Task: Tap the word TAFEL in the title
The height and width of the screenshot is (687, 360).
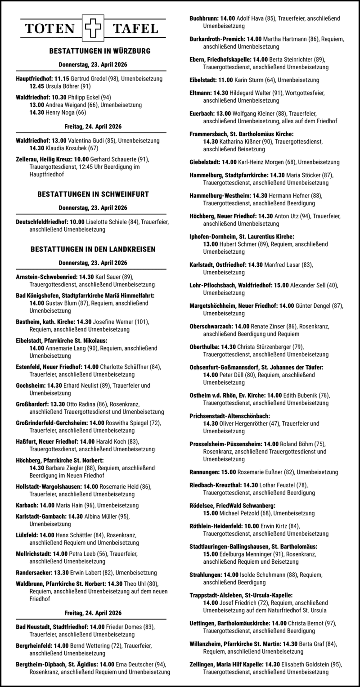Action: click(135, 29)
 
